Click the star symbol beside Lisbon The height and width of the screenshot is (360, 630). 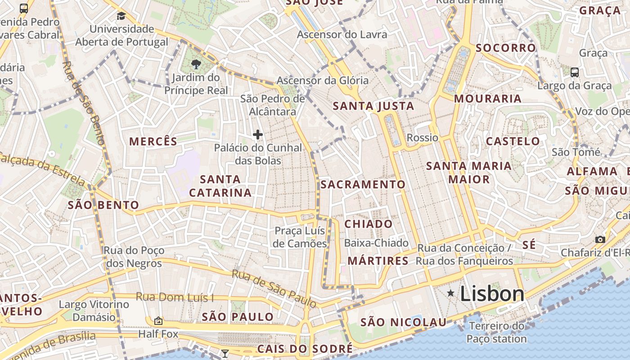coord(450,293)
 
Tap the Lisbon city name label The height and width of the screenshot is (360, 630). coord(492,294)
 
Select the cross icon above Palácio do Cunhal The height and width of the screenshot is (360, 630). coord(258,135)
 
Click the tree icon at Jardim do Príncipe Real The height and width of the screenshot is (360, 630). coord(196,64)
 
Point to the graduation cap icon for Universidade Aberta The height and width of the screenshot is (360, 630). coord(121,17)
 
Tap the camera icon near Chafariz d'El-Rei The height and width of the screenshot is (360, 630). coord(600,239)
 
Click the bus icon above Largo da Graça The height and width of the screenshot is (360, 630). coord(575,72)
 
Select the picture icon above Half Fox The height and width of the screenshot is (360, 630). coord(158,321)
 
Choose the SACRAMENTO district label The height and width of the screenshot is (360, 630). coord(363,184)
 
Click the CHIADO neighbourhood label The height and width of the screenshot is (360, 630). coord(369,224)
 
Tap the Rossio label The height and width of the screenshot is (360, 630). coord(422,138)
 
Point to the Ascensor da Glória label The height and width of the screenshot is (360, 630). coord(323,81)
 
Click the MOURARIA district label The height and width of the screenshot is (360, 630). coord(488,99)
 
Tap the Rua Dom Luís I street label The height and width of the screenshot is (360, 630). coord(175,297)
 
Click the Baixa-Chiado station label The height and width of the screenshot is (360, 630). coord(376,243)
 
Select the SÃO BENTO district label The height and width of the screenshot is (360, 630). coord(103,206)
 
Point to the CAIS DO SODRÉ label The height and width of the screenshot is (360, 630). coord(305,349)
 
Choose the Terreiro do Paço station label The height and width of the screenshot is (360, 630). coord(497,333)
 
